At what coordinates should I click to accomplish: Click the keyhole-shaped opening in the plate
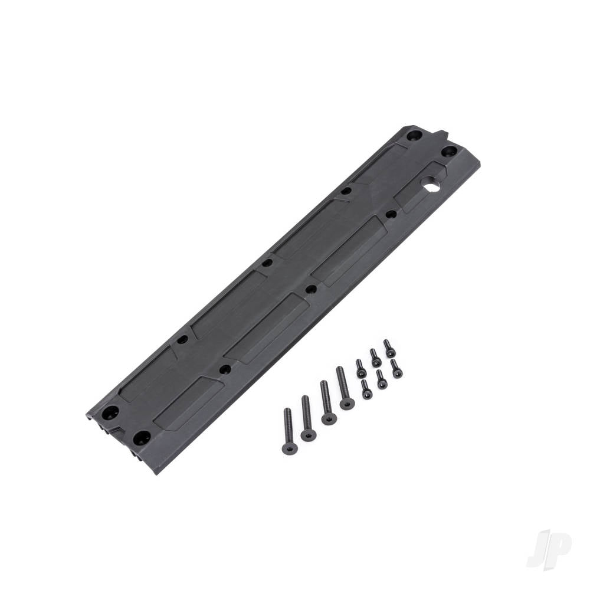pyautogui.click(x=431, y=186)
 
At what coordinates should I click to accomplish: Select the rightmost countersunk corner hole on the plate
pyautogui.click(x=448, y=151)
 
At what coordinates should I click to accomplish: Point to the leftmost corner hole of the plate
pyautogui.click(x=110, y=412)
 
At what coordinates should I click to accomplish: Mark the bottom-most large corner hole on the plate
pyautogui.click(x=141, y=438)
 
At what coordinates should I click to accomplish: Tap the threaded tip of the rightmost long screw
pyautogui.click(x=339, y=371)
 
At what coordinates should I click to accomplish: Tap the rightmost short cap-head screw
pyautogui.click(x=396, y=369)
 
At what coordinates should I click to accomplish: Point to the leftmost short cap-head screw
pyautogui.click(x=360, y=369)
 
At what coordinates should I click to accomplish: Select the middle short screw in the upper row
pyautogui.click(x=375, y=358)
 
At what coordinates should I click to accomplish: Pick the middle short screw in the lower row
pyautogui.click(x=382, y=379)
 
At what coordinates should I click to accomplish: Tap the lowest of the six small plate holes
pyautogui.click(x=225, y=369)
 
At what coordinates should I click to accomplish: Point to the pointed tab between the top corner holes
pyautogui.click(x=437, y=135)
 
